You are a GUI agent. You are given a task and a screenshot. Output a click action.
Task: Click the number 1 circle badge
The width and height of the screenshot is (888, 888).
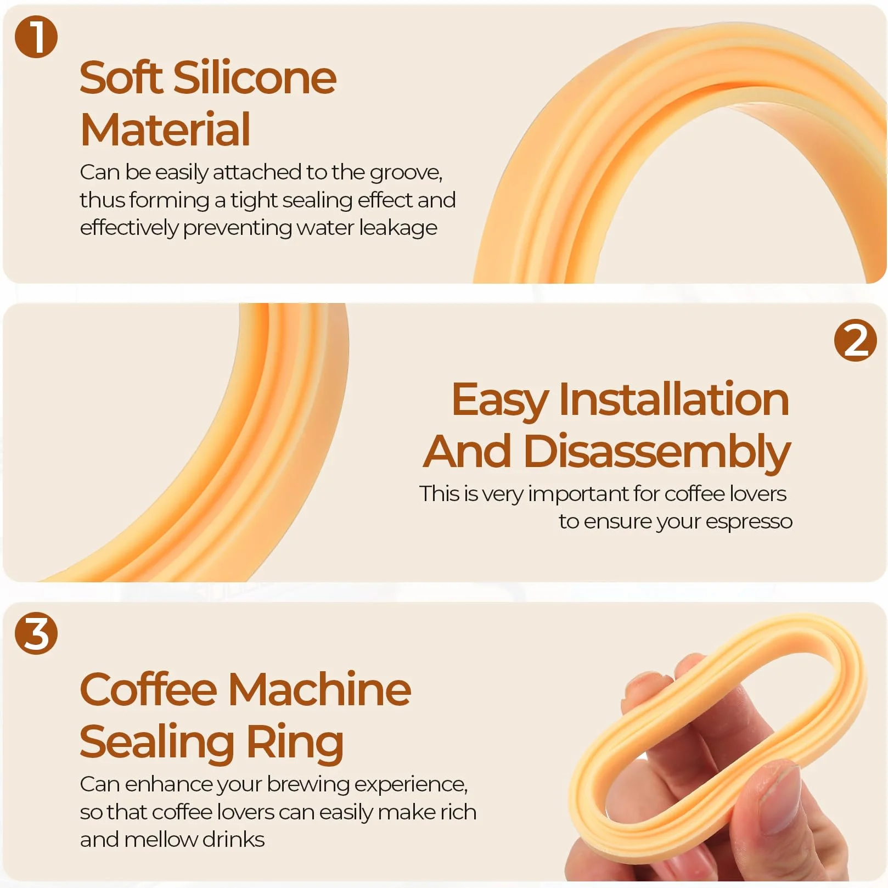click(36, 36)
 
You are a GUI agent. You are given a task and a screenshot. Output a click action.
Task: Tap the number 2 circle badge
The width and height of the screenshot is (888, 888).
click(855, 340)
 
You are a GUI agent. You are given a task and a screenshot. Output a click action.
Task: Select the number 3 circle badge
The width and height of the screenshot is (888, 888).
click(36, 633)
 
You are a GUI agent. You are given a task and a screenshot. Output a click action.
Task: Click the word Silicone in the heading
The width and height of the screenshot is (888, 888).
click(255, 77)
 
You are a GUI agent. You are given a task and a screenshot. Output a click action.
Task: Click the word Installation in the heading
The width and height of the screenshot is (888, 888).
click(674, 399)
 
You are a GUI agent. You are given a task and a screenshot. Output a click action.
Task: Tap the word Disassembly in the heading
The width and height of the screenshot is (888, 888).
click(657, 452)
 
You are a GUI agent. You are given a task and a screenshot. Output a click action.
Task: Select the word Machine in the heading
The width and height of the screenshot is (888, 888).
click(319, 689)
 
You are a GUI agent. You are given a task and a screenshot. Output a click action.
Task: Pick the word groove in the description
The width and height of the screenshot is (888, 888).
click(406, 173)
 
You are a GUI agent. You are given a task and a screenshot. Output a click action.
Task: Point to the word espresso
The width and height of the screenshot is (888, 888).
click(749, 522)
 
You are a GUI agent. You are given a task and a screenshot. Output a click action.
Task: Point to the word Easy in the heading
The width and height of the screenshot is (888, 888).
click(499, 401)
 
